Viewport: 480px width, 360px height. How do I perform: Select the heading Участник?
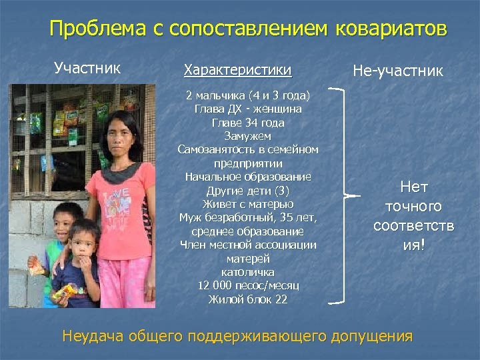(x=87, y=67)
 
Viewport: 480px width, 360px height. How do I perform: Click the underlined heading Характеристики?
(x=237, y=69)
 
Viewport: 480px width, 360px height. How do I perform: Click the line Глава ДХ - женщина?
(x=248, y=109)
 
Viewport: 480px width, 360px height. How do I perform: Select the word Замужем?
(x=248, y=136)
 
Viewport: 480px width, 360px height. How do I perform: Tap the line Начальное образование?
(x=248, y=177)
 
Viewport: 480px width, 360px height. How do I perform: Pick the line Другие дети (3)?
(x=248, y=191)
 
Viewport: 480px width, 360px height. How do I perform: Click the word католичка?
(x=248, y=272)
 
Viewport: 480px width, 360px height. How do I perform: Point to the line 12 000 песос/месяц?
(x=248, y=285)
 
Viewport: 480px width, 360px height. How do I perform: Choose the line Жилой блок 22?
(x=248, y=299)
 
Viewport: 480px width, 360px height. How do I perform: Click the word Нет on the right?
(x=414, y=187)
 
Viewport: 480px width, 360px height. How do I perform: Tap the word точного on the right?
(x=414, y=207)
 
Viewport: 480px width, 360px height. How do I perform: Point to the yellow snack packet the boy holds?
(x=67, y=291)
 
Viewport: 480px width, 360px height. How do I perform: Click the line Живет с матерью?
(x=248, y=204)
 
